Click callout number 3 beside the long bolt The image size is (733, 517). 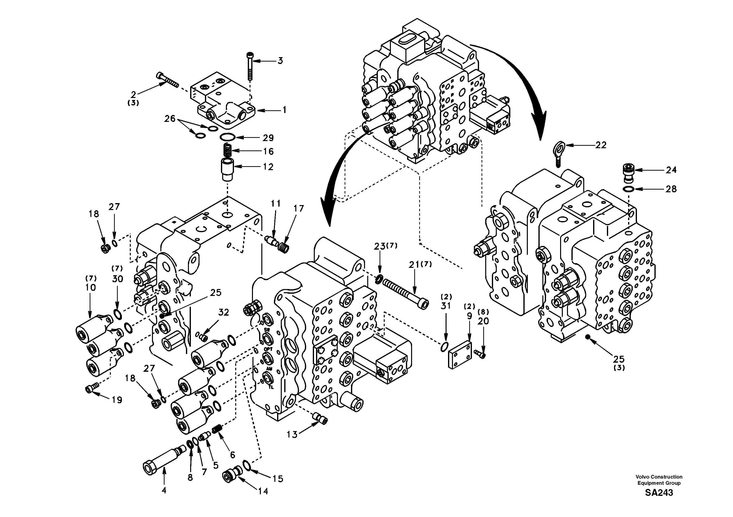[280, 60]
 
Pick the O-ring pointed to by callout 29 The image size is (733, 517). [227, 137]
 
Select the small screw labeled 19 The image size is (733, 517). [90, 389]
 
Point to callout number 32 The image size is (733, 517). [223, 312]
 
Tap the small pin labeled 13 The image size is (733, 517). [319, 418]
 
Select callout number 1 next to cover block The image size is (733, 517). [284, 110]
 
